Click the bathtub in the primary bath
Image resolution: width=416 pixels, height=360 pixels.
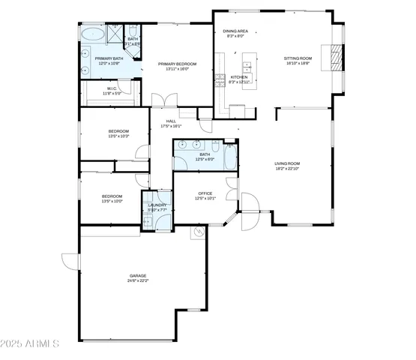click(93, 34)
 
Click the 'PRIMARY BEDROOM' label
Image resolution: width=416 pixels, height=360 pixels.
click(177, 64)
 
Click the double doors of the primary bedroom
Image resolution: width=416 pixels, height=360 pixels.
click(163, 100)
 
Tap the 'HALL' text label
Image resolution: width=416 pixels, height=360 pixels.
click(171, 120)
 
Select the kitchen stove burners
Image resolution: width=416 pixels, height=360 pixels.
click(221, 78)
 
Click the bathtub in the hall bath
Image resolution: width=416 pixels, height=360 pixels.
click(230, 157)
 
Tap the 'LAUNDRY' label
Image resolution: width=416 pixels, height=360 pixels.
click(157, 205)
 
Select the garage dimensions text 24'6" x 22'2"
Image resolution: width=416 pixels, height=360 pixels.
click(138, 280)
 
